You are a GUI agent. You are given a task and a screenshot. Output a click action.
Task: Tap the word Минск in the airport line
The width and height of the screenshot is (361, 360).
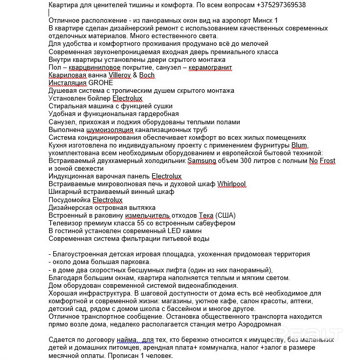coord(253,20)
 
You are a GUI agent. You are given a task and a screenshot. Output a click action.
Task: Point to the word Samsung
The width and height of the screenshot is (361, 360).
coord(202,161)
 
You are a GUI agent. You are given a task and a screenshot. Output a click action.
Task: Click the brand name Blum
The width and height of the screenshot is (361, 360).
coord(299,145)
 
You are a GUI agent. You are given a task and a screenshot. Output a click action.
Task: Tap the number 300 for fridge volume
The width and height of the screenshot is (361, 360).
coord(246,161)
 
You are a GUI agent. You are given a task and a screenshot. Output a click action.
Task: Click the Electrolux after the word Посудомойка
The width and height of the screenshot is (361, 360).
coord(107,200)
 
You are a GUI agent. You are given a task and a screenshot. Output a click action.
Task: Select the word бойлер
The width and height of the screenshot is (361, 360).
coord(97,98)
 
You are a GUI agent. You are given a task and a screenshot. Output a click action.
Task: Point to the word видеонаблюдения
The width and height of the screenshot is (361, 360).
coord(206,285)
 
